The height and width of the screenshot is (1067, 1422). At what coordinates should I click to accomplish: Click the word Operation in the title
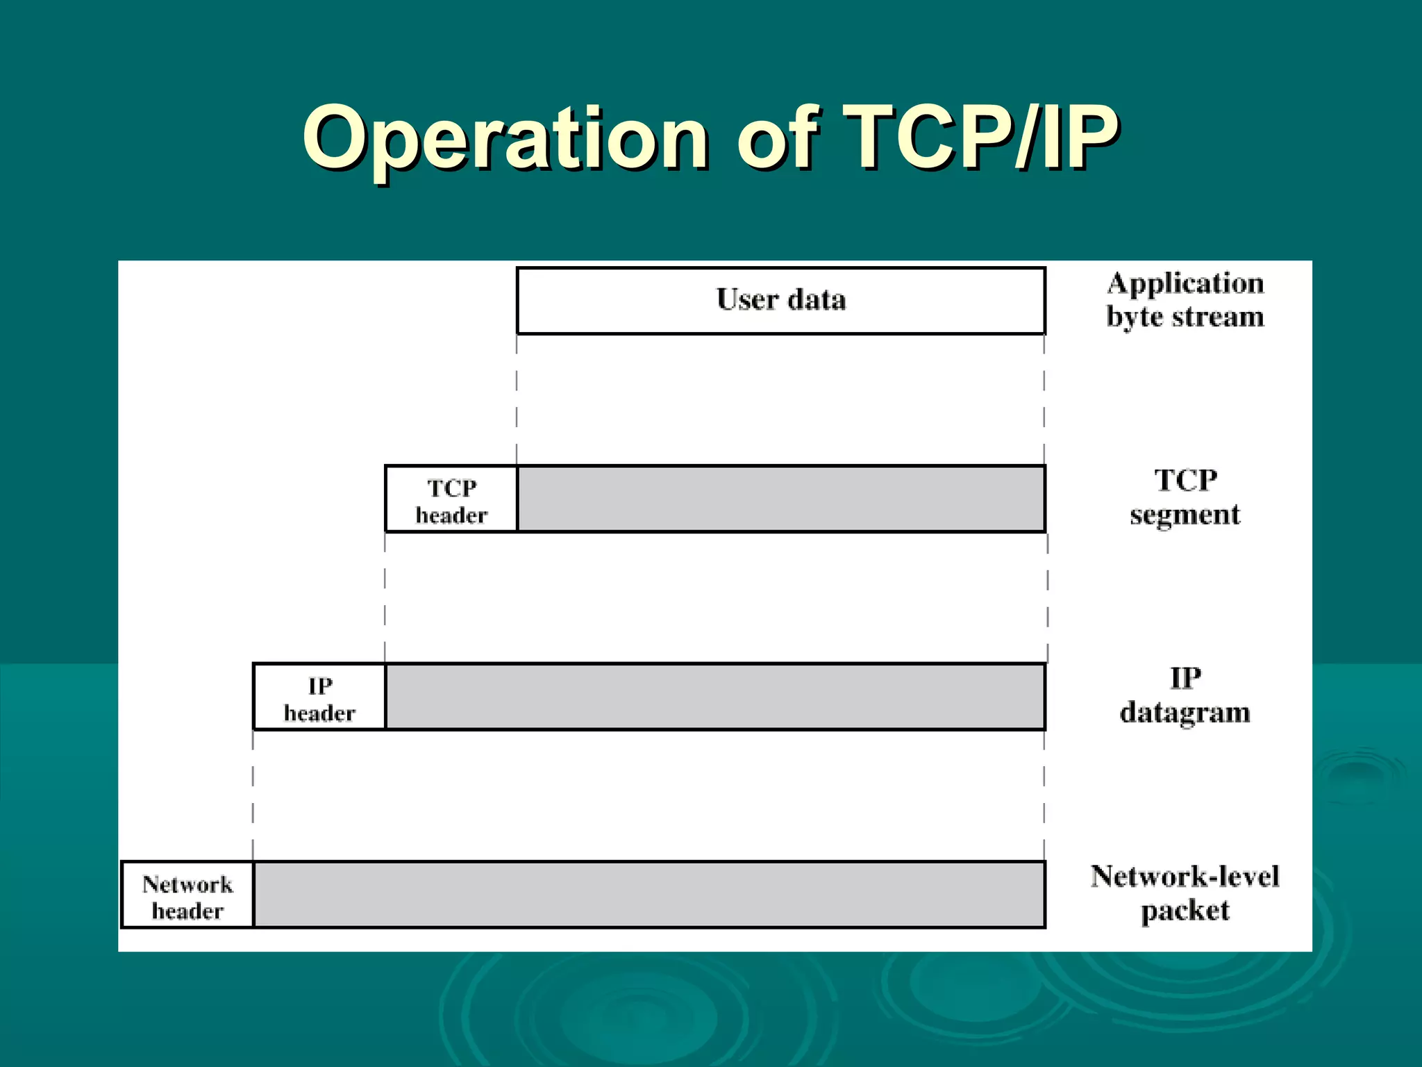505,139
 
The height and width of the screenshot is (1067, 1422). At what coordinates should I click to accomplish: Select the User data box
780,300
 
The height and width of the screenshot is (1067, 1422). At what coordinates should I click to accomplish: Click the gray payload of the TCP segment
781,499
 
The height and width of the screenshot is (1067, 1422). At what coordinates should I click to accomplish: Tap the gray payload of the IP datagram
715,697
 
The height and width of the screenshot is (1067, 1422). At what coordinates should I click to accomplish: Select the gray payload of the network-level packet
649,895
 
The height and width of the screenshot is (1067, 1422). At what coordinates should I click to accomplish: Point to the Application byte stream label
1185,300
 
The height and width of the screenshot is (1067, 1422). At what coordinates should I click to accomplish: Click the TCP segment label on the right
1185,497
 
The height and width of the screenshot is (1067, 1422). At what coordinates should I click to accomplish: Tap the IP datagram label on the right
1185,695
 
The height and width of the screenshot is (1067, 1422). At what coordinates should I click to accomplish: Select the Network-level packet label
1185,893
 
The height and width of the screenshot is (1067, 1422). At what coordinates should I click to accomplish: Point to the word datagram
1185,713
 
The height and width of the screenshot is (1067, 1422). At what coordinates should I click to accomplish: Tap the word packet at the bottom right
1185,911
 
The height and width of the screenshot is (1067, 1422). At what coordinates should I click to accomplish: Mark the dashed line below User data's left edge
517,399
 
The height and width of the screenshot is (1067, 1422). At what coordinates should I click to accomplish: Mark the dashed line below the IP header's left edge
253,795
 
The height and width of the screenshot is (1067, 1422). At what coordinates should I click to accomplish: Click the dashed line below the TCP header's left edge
385,597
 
